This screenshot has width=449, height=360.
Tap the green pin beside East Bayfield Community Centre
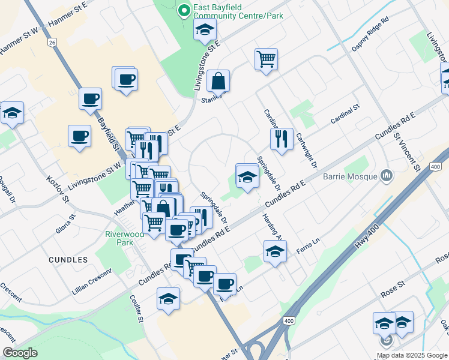(x=184, y=8)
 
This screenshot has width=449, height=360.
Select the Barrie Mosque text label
(x=350, y=176)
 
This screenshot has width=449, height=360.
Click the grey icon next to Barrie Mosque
(x=386, y=176)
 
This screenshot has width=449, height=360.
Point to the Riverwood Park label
(x=125, y=238)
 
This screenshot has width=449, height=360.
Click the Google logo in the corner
(x=20, y=353)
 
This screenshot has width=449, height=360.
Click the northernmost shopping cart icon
(x=265, y=59)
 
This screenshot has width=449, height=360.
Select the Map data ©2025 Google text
(x=412, y=354)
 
